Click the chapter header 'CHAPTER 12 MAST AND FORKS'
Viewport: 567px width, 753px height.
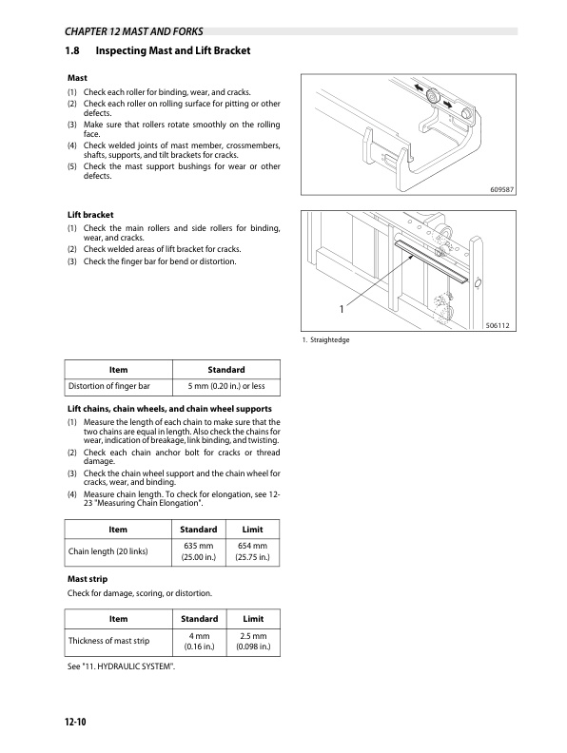[x=133, y=31]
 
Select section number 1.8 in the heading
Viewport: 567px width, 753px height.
[x=72, y=50]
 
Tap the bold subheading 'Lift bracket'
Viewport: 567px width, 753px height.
[x=90, y=215]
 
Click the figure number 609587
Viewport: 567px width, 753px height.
[x=501, y=190]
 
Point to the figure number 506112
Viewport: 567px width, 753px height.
[x=498, y=325]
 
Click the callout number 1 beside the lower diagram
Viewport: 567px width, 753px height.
[x=342, y=309]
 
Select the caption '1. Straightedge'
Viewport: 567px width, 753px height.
[x=325, y=340]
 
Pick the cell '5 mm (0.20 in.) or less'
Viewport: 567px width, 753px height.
[x=226, y=386]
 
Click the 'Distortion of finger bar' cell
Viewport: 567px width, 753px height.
[x=119, y=386]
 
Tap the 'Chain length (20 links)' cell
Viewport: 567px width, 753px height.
[x=118, y=551]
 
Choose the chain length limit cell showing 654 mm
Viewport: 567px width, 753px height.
[x=252, y=551]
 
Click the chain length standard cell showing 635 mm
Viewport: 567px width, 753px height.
[x=199, y=551]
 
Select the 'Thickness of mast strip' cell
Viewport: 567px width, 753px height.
[x=119, y=641]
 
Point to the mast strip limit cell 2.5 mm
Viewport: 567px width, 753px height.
[x=253, y=641]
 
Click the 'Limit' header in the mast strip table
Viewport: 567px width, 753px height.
[x=253, y=619]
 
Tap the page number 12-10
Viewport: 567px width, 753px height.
[x=75, y=722]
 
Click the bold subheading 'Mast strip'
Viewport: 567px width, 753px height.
[x=88, y=579]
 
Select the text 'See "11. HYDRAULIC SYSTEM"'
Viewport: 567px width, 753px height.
[x=121, y=666]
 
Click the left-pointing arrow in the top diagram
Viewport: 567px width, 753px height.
[x=420, y=88]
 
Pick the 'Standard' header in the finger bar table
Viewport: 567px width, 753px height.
[x=226, y=369]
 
